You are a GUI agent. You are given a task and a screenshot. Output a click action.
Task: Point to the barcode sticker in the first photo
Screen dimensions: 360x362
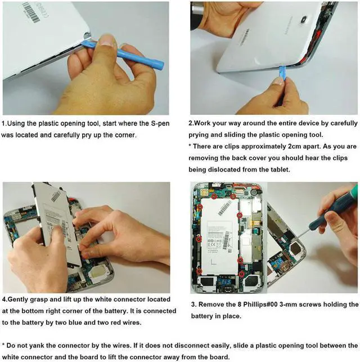pyautogui.click(x=31, y=12)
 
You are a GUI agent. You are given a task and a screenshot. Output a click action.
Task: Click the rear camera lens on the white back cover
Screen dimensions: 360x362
pyautogui.click(x=304, y=20)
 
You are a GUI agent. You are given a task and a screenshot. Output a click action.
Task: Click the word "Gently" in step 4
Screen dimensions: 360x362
pyautogui.click(x=16, y=300)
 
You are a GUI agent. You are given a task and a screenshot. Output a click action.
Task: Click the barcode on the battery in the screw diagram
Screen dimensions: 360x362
pyautogui.click(x=224, y=207)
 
